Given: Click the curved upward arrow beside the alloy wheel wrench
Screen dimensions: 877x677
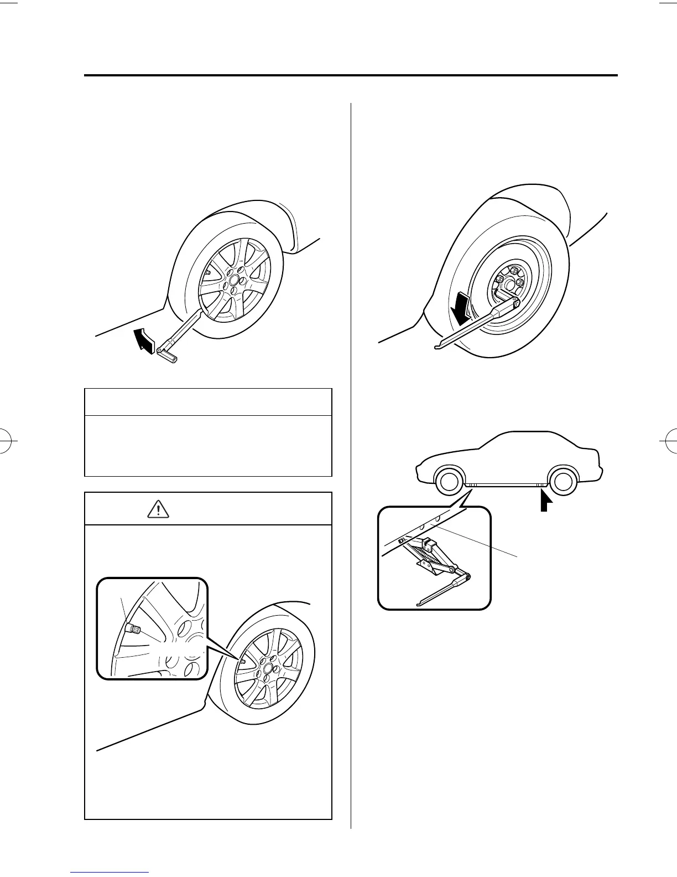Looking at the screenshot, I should click(144, 338).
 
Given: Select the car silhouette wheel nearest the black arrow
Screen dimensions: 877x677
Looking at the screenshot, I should click(562, 483).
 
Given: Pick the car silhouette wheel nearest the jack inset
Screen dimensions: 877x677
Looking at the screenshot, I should click(449, 483).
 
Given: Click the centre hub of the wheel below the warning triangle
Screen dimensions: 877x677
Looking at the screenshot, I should click(268, 669).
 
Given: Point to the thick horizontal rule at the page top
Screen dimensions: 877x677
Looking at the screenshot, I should click(351, 75).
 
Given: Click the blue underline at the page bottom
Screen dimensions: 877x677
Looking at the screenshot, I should click(110, 873).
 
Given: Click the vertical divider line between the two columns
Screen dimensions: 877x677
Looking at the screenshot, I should click(351, 465).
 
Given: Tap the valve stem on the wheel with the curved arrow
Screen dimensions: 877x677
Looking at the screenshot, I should click(207, 272).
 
